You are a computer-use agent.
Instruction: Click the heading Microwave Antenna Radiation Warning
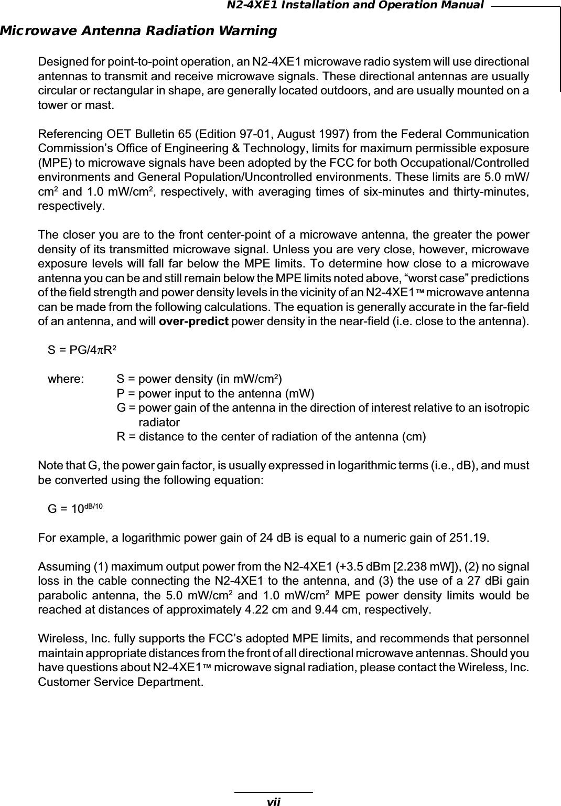138,31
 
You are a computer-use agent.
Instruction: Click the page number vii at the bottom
273,801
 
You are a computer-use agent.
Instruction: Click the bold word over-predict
193,320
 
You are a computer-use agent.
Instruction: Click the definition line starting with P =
215,393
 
